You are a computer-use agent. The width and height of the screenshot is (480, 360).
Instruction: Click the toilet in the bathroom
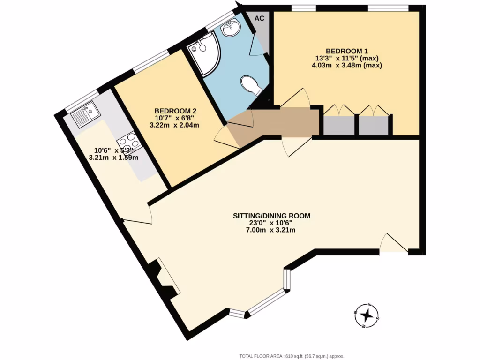[251, 86]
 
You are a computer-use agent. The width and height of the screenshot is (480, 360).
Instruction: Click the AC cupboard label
[259, 18]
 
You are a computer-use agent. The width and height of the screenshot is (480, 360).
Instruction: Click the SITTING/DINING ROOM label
[272, 216]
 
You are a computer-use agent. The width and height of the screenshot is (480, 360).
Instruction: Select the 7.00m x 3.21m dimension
[272, 230]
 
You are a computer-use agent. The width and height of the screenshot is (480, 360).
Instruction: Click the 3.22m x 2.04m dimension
[174, 125]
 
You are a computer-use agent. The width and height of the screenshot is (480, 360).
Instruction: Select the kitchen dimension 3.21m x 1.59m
[113, 157]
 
